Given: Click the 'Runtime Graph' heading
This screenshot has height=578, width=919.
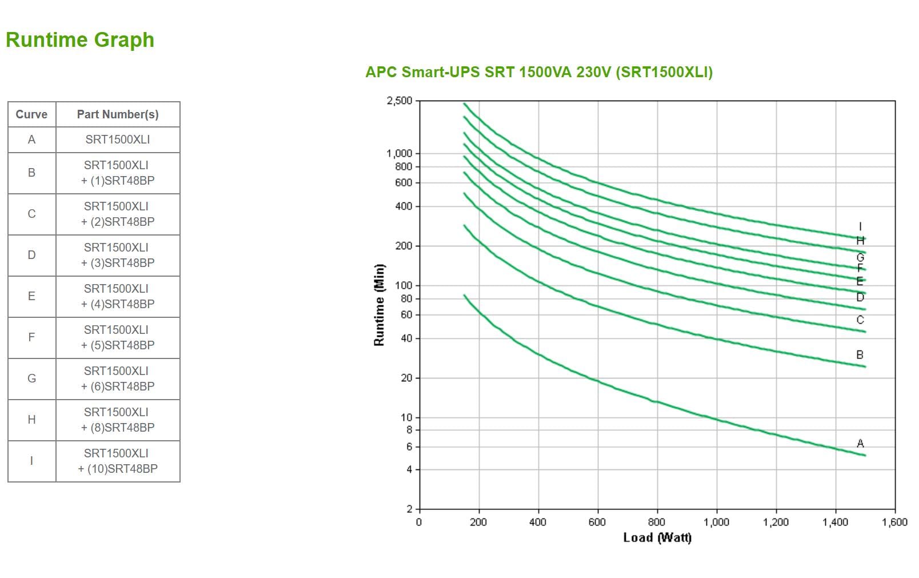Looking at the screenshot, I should (x=80, y=40).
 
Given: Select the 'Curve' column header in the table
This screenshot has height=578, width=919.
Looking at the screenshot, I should (x=31, y=114).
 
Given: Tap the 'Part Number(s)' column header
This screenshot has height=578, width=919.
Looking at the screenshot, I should (x=118, y=114).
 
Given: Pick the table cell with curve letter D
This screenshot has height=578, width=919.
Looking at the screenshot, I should (x=31, y=255).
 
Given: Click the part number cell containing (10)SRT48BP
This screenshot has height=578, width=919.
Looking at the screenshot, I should (x=118, y=461).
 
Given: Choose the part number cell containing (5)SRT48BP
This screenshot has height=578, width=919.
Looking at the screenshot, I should (x=118, y=337).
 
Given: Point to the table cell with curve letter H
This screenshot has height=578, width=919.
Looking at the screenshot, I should (x=31, y=420).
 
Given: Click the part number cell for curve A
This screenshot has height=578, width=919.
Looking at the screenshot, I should (x=118, y=139).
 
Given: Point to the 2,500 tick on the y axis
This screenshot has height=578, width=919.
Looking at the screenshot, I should (x=399, y=101).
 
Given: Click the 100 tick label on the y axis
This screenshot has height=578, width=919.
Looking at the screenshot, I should (x=404, y=285).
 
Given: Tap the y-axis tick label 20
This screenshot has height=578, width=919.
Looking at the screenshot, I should (x=406, y=378).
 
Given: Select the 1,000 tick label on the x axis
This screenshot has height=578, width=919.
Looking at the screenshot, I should (x=716, y=522).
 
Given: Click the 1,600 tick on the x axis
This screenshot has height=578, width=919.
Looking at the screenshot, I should (x=894, y=522).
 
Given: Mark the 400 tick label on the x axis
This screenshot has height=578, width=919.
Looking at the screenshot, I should (x=538, y=522).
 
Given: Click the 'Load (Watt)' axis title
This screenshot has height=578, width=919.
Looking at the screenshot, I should (x=657, y=537).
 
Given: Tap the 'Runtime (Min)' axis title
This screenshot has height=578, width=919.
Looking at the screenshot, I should (x=379, y=305).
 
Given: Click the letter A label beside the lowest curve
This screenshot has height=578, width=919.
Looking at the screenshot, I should (x=860, y=443).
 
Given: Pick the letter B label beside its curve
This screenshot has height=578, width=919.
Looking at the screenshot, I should (x=860, y=355).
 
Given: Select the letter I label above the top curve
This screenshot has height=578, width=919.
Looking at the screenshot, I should (x=860, y=227).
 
